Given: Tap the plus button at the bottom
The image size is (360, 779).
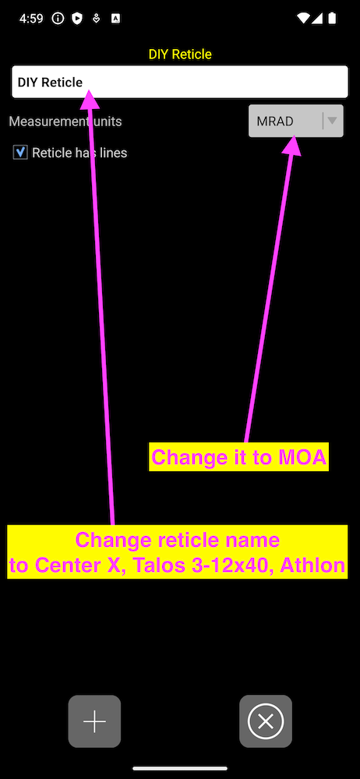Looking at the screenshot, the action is pos(94,721).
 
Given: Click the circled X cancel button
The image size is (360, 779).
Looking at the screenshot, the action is pos(266,721).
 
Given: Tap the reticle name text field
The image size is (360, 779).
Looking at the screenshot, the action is pos(179,82).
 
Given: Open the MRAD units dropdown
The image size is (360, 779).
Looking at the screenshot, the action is pos(296,121).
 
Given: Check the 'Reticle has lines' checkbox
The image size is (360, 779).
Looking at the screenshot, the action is pos(20,153).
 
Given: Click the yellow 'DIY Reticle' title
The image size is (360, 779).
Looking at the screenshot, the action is pos(180,55).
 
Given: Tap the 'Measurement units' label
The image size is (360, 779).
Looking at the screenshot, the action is pos(65,122).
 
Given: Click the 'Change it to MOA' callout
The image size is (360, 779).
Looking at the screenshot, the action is pos(238,457).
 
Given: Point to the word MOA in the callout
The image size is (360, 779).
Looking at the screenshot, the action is pos(302,457).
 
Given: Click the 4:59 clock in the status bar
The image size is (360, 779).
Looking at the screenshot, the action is pos(31,19).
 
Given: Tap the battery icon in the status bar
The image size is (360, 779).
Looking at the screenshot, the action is pos(332,19).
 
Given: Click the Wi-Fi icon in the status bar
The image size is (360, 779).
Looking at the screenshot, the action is pos(303,19).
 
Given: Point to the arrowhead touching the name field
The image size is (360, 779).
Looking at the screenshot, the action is pos(90,99).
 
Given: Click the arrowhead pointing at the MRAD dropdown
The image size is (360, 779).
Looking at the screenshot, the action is pos(291,146).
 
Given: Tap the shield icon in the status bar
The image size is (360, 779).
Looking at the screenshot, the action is pos(76,19).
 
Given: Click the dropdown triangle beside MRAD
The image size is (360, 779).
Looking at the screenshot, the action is pos(332,120).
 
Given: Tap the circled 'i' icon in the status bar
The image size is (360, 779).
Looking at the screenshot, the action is pos(58,19).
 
